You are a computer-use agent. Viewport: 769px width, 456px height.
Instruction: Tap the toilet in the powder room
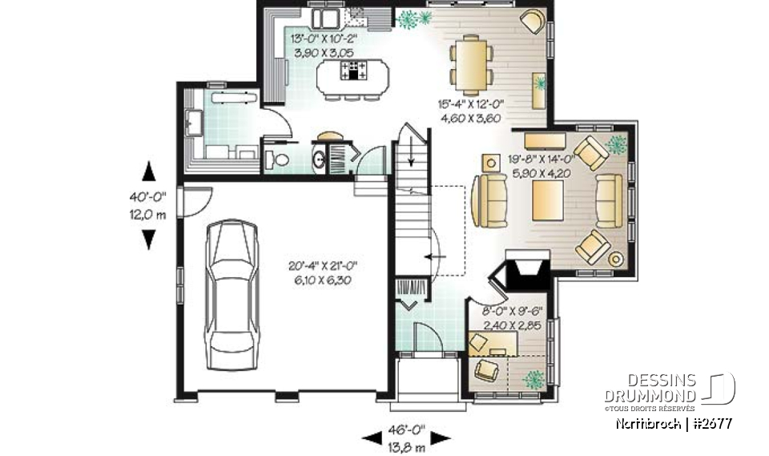[276, 159]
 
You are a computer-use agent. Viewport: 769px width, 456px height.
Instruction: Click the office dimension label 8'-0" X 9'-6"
[513, 319]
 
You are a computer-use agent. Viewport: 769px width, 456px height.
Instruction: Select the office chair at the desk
[486, 369]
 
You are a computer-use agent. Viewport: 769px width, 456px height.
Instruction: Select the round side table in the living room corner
[615, 258]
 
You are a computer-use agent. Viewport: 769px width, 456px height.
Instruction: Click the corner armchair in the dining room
[530, 21]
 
